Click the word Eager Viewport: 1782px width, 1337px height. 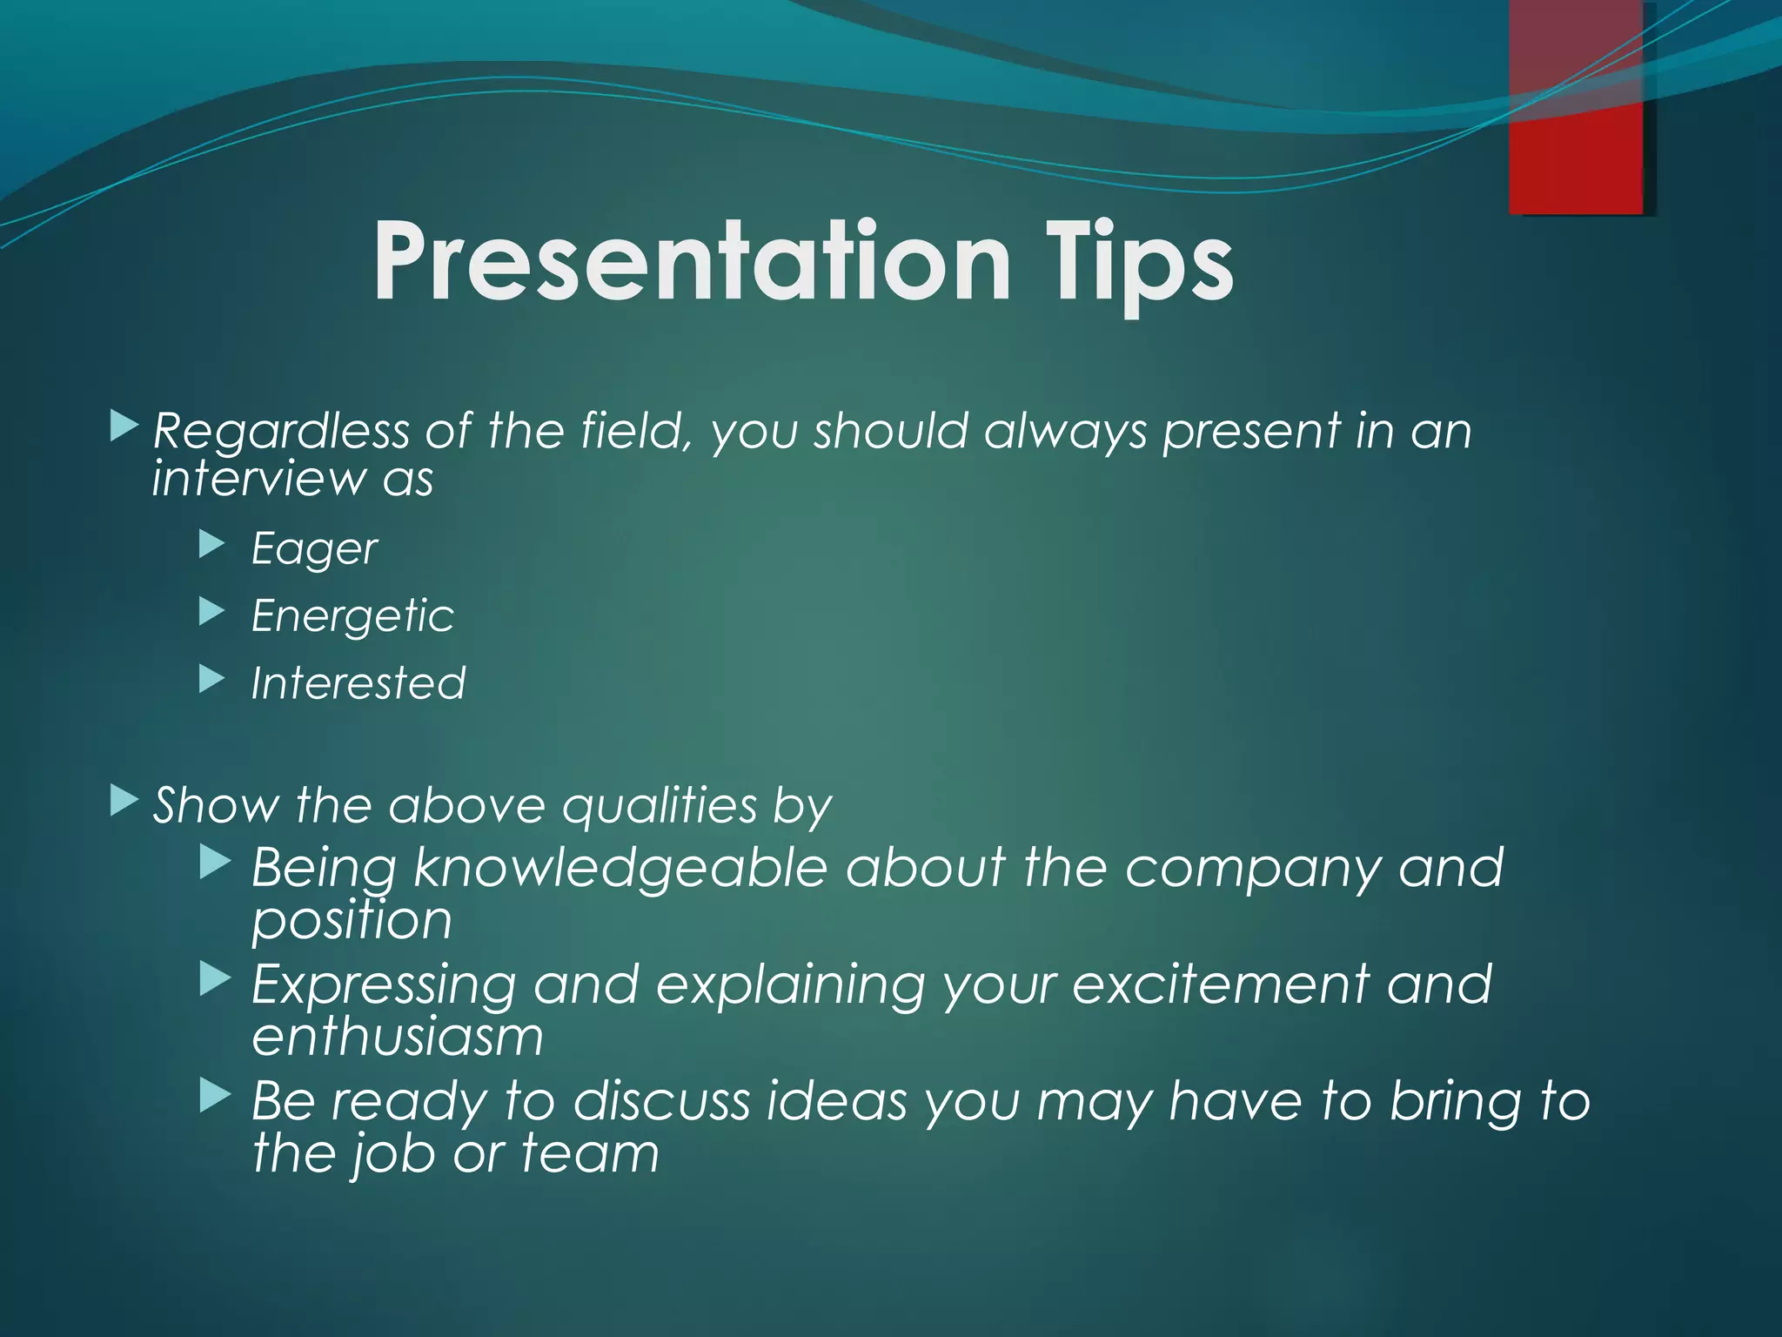[x=314, y=549]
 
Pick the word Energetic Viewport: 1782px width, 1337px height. [x=352, y=616]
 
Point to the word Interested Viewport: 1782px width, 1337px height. [x=358, y=683]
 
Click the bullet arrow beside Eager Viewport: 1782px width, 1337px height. [x=211, y=545]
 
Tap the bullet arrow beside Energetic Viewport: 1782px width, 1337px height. [x=211, y=612]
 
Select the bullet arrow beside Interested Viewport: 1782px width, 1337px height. [x=211, y=679]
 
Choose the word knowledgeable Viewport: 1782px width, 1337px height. [x=620, y=869]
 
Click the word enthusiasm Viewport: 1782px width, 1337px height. [x=398, y=1037]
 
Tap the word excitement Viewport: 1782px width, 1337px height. [x=1220, y=984]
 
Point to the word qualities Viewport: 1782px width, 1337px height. [x=660, y=805]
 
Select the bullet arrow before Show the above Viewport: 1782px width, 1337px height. [x=124, y=800]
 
